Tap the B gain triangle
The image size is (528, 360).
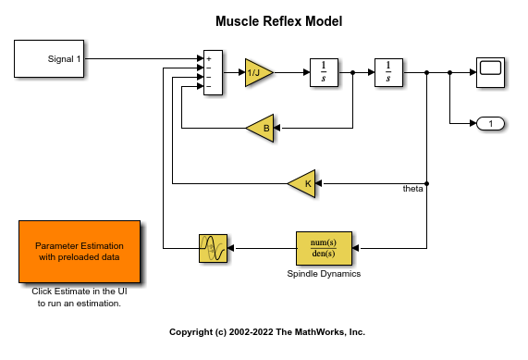click(262, 128)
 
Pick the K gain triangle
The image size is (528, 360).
click(302, 183)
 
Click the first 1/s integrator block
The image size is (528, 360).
click(324, 71)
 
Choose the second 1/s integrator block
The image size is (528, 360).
click(388, 71)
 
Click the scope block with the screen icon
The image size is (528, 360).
click(490, 71)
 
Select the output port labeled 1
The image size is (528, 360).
click(490, 123)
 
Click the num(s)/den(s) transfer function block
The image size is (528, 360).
click(324, 248)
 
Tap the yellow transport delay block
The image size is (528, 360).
click(213, 248)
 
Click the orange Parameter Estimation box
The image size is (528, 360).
click(79, 252)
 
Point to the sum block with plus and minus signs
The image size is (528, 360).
click(213, 72)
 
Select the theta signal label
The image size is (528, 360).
click(412, 189)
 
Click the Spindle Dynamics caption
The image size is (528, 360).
click(324, 274)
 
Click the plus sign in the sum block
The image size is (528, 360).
click(209, 58)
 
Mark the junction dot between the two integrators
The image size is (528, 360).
click(353, 71)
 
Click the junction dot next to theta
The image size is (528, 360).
click(426, 183)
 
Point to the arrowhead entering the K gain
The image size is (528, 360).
click(320, 183)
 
